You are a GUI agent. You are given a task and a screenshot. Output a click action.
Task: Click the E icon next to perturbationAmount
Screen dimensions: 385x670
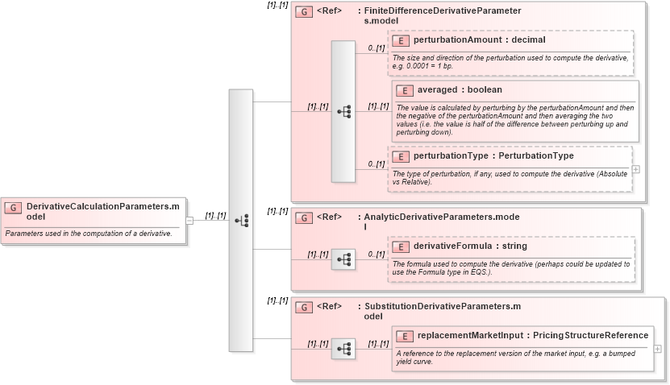click(x=401, y=39)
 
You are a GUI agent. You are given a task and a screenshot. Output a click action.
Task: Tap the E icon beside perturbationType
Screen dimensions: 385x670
click(x=401, y=155)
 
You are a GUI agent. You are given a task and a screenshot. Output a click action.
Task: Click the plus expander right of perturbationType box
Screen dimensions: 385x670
click(x=636, y=169)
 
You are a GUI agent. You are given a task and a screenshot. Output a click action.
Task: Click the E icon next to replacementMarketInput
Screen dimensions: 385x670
click(x=405, y=335)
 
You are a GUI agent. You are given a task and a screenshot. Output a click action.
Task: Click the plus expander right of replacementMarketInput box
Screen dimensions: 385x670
click(x=658, y=349)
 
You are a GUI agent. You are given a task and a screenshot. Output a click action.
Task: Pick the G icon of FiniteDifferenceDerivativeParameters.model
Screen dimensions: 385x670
click(x=304, y=12)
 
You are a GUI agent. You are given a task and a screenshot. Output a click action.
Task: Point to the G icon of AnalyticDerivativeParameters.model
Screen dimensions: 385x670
click(x=304, y=217)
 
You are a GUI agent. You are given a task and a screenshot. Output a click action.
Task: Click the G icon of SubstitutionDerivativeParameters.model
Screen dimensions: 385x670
click(x=304, y=307)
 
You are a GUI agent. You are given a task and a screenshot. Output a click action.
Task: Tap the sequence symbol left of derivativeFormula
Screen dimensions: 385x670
click(x=343, y=259)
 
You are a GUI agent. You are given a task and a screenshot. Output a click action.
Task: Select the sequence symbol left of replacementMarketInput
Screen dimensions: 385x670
click(x=343, y=349)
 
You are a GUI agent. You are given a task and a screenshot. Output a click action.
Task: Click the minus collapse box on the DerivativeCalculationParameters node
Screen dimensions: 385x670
click(x=189, y=220)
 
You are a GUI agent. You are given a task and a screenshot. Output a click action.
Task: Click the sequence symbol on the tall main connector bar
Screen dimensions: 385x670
click(x=241, y=220)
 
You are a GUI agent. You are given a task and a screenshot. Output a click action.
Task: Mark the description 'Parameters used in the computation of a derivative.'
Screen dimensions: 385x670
click(x=88, y=234)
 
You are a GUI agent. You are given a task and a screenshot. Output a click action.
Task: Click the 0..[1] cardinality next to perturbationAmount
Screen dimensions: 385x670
click(x=377, y=48)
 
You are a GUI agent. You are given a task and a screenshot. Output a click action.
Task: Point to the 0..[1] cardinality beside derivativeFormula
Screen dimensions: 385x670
click(x=377, y=255)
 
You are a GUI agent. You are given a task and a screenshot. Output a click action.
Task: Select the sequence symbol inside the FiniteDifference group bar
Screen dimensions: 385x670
click(x=343, y=111)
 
